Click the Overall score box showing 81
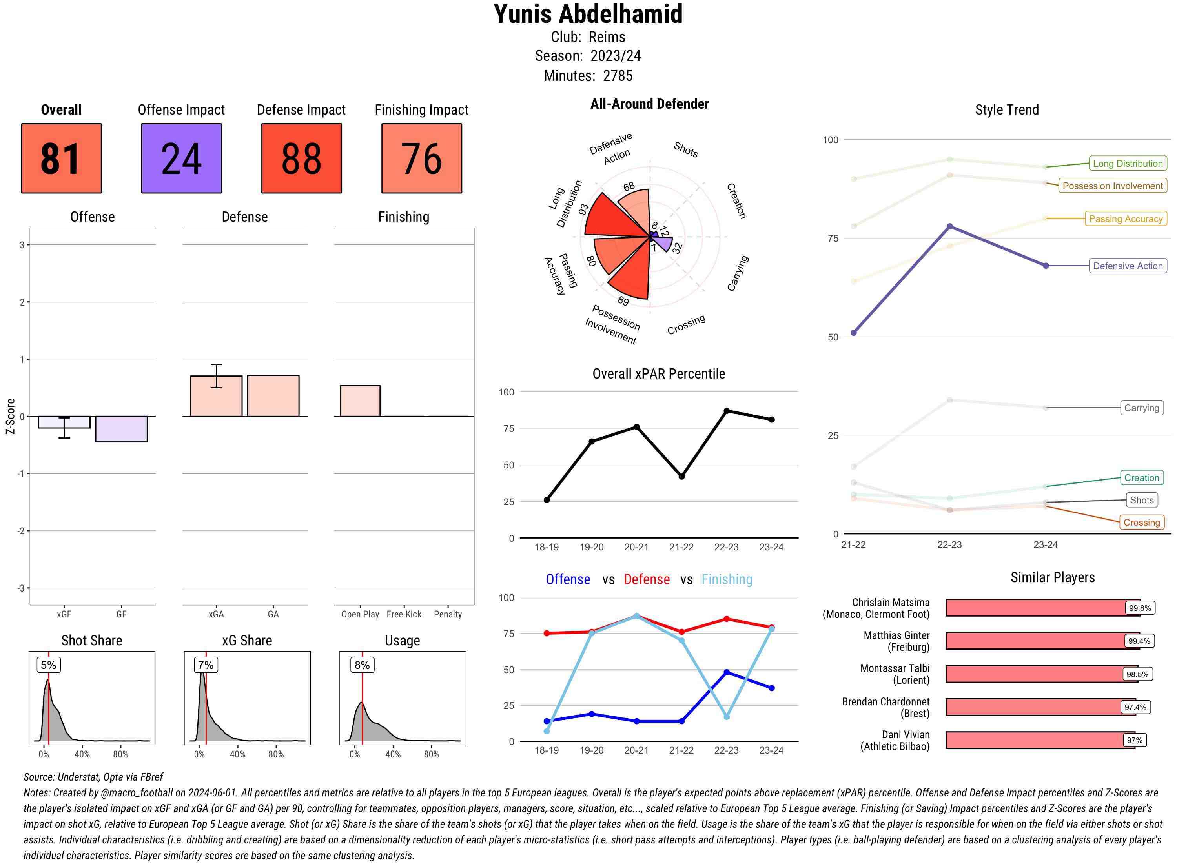click(61, 158)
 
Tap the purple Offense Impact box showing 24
click(181, 158)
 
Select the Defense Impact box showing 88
click(301, 158)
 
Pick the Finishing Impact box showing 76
click(422, 158)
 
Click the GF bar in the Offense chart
click(121, 429)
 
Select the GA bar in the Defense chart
click(273, 396)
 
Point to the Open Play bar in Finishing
click(360, 401)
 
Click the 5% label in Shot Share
click(49, 665)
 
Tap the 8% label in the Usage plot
click(362, 665)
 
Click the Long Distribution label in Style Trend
click(1128, 164)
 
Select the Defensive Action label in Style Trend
click(1128, 266)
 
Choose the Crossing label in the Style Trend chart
click(1141, 523)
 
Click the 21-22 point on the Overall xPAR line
click(681, 477)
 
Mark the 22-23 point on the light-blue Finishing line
click(726, 717)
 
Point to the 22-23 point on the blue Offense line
click(726, 672)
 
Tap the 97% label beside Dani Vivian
click(1134, 740)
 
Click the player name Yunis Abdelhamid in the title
click(588, 14)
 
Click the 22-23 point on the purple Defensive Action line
click(949, 227)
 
